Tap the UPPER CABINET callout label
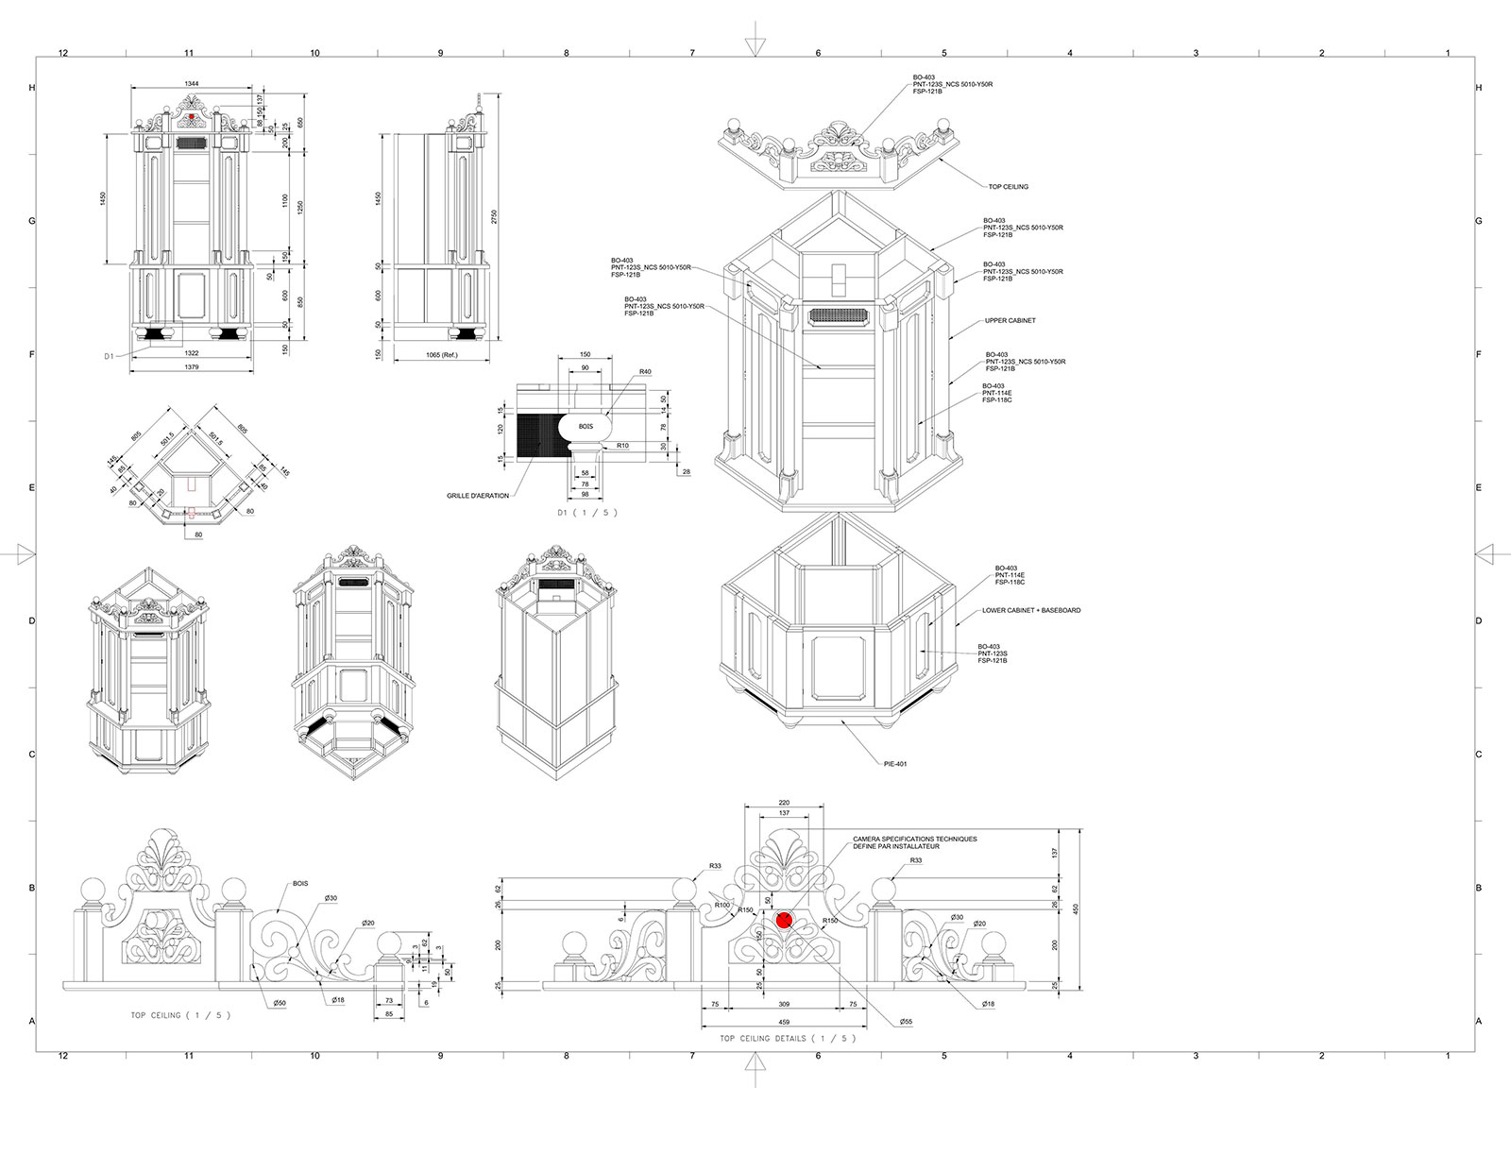pyautogui.click(x=1010, y=321)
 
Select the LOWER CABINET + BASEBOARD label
pyautogui.click(x=1031, y=611)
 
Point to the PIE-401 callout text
pyautogui.click(x=895, y=764)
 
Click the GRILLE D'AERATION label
pyautogui.click(x=478, y=496)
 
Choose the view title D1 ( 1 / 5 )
pyautogui.click(x=586, y=513)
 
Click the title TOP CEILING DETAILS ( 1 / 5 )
pyautogui.click(x=788, y=1038)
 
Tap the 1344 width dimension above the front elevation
pyautogui.click(x=192, y=84)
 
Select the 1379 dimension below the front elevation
pyautogui.click(x=192, y=366)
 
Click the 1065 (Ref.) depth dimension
pyautogui.click(x=442, y=355)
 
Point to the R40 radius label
pyautogui.click(x=645, y=372)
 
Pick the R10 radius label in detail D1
pyautogui.click(x=622, y=445)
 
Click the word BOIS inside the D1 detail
pyautogui.click(x=586, y=427)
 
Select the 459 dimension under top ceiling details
pyautogui.click(x=783, y=1022)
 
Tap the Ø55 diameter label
pyautogui.click(x=906, y=1022)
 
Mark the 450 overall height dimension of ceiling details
pyautogui.click(x=1076, y=908)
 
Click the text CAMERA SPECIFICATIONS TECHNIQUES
pyautogui.click(x=914, y=839)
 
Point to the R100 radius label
pyautogui.click(x=722, y=906)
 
